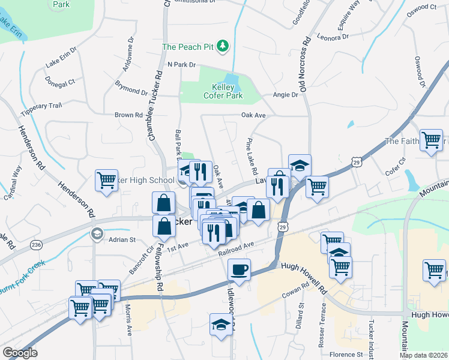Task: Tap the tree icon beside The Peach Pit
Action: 223,46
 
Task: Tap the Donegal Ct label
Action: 59,80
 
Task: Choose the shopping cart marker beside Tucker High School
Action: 106,179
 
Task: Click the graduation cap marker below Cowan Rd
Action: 220,325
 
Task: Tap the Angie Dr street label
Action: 286,95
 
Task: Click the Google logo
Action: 20,353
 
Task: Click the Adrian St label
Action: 122,239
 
